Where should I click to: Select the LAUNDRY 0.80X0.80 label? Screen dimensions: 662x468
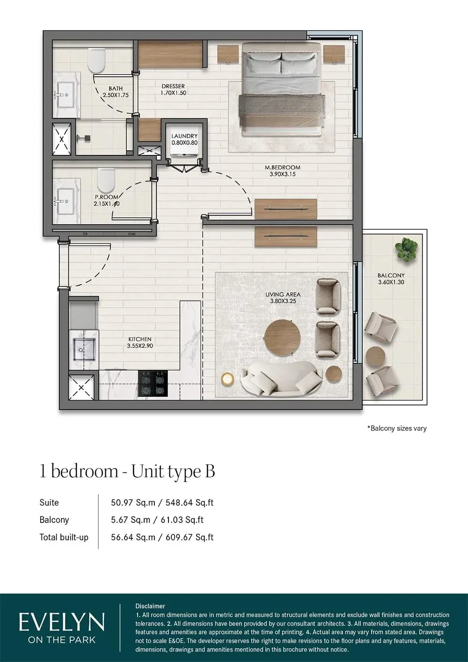click(x=184, y=139)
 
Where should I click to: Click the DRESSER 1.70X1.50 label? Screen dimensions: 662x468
click(x=173, y=89)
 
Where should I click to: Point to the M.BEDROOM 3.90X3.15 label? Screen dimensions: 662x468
click(x=283, y=170)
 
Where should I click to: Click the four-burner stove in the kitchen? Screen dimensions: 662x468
click(x=153, y=383)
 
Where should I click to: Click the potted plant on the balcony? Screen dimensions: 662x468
click(x=405, y=249)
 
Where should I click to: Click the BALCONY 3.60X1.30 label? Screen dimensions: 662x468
click(x=391, y=279)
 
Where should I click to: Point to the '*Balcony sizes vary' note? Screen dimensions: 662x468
click(x=397, y=428)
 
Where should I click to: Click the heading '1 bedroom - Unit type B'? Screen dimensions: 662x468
click(x=127, y=471)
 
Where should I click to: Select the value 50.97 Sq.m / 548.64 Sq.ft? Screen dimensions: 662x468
click(x=162, y=502)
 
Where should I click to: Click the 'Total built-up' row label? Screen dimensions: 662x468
click(x=64, y=537)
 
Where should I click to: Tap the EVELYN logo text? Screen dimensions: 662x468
click(x=62, y=622)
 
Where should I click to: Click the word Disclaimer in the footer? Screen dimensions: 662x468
click(x=150, y=606)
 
